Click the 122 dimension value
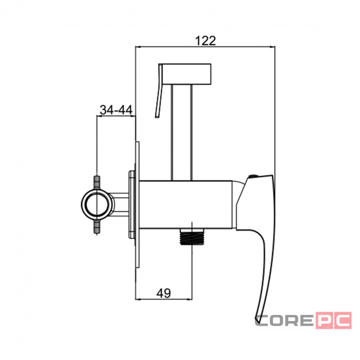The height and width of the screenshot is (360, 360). point(206,41)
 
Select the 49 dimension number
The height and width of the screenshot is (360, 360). point(164,293)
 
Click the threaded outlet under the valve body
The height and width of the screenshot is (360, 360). point(192,237)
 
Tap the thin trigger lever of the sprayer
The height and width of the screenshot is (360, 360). point(159,91)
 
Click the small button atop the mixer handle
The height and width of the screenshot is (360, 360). point(253,176)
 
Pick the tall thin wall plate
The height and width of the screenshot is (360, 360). point(137,204)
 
